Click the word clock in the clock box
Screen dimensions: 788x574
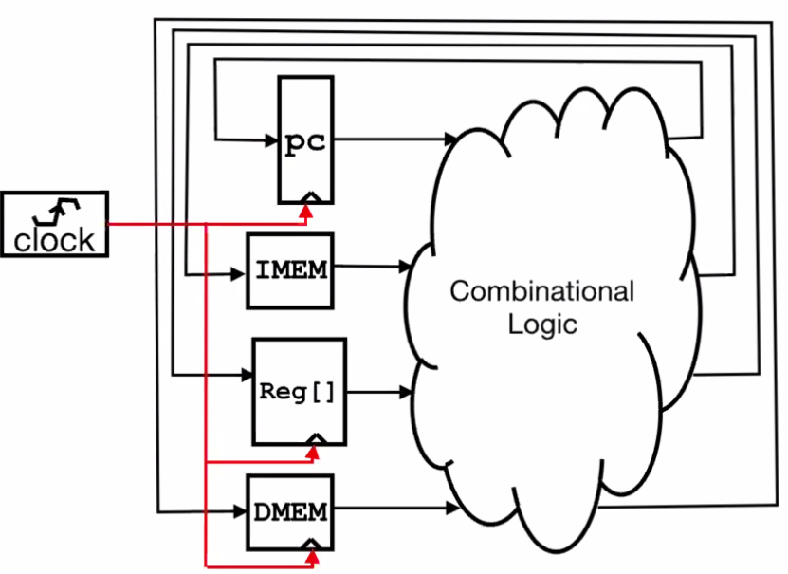[x=54, y=240]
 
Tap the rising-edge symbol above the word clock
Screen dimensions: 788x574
[x=56, y=212]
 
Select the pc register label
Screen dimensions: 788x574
[x=305, y=142]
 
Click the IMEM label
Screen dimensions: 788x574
[x=291, y=269]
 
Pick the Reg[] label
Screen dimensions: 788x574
[x=297, y=392]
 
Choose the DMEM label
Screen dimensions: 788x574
[x=291, y=512]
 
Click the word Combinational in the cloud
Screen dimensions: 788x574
[x=541, y=291]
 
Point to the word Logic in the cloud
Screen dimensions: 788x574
[x=542, y=324]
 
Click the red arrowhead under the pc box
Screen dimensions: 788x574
[x=306, y=212]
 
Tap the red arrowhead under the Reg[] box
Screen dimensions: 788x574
[x=313, y=454]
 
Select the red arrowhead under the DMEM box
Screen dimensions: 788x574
[x=313, y=558]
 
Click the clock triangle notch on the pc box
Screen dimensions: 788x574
[x=311, y=197]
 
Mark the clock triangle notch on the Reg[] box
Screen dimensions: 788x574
[x=317, y=438]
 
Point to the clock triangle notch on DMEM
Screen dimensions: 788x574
[x=311, y=545]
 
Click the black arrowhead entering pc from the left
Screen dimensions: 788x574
[x=272, y=140]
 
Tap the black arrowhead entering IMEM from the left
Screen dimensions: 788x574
[x=238, y=274]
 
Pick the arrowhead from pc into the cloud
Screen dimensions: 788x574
[x=450, y=139]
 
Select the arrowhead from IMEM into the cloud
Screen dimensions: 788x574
[x=406, y=267]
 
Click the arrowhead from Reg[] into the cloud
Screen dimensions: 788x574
[x=406, y=392]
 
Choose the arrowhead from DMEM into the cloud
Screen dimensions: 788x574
[x=453, y=509]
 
